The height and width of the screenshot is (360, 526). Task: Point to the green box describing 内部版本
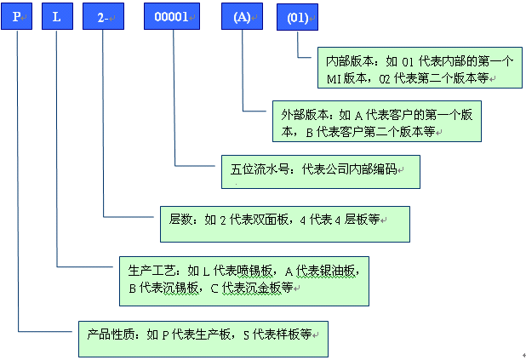[419, 68]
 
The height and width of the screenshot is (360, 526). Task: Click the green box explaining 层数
[284, 222]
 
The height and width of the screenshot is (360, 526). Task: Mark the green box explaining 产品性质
[202, 338]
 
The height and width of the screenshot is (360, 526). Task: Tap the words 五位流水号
[254, 169]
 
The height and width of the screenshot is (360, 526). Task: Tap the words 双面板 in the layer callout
[273, 220]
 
